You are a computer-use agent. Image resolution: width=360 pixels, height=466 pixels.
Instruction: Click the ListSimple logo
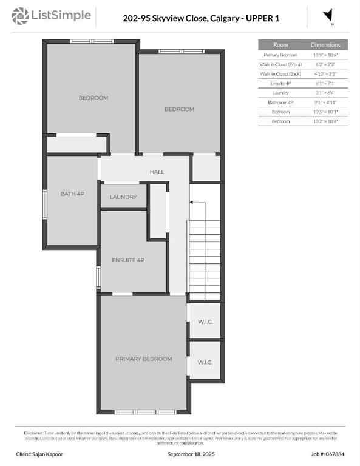(52, 15)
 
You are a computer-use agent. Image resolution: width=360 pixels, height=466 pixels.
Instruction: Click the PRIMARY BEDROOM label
(144, 359)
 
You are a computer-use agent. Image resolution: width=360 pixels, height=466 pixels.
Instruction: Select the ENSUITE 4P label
(128, 260)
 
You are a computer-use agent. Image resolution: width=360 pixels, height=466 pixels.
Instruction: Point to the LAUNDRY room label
(124, 197)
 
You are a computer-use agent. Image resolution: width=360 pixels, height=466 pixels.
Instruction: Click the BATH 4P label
(72, 194)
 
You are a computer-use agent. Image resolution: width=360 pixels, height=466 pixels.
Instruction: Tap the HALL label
(157, 172)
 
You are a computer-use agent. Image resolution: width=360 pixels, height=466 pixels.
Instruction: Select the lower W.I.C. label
(205, 362)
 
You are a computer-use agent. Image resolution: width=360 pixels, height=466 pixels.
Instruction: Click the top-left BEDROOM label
(93, 98)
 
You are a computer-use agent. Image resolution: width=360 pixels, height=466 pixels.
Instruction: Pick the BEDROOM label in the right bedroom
(180, 109)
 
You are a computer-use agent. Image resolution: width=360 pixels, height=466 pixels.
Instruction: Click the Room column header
(280, 45)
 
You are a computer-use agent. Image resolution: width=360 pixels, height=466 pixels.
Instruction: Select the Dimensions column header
(325, 45)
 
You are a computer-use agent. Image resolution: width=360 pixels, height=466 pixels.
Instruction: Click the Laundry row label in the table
(280, 93)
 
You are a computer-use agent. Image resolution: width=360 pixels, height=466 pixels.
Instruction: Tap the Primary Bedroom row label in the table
(280, 55)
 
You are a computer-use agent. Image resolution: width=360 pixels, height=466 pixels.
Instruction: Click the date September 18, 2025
(191, 454)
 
